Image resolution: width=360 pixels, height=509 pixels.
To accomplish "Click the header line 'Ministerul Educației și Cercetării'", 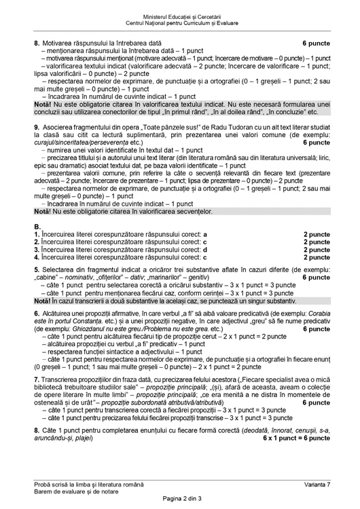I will pos(180,16).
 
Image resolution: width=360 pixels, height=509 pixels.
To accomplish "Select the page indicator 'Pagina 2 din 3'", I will pos(180,499).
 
